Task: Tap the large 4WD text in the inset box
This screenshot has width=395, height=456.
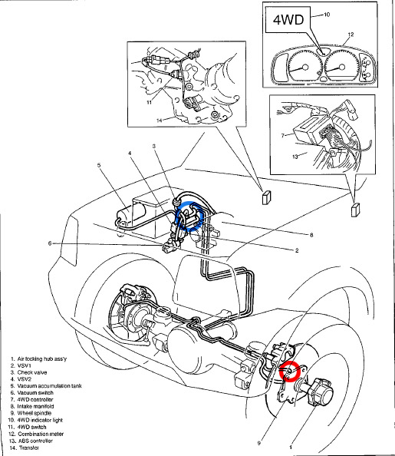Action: point(288,19)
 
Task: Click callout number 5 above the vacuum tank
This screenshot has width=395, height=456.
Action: point(99,165)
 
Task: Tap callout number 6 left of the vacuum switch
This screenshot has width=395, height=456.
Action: point(50,243)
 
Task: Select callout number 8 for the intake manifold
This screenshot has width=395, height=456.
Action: point(311,235)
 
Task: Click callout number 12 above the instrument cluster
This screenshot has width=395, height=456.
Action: point(351,35)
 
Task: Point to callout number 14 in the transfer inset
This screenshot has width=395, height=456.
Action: point(160,120)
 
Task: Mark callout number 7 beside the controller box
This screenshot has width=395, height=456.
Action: point(283,135)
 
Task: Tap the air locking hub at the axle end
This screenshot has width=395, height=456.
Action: point(321,392)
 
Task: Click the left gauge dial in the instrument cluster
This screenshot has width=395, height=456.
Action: point(304,66)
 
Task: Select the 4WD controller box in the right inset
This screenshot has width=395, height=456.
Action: point(311,130)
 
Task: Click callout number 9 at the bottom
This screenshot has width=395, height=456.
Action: point(258,443)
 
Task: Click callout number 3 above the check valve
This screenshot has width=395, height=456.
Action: point(154,146)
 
